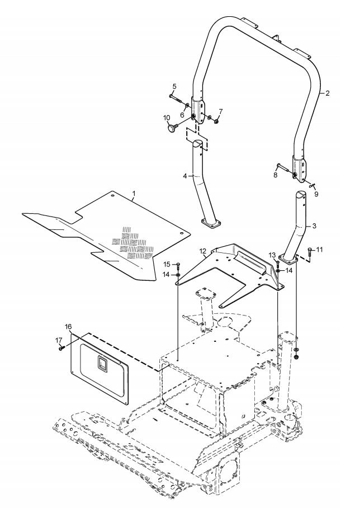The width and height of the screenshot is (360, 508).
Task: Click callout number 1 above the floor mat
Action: click(x=134, y=194)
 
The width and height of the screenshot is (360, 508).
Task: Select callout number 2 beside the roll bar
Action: click(x=328, y=93)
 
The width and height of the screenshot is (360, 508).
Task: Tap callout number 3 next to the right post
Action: click(x=314, y=226)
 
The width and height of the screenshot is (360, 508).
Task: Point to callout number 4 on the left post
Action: click(x=185, y=176)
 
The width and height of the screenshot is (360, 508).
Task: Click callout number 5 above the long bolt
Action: click(x=174, y=86)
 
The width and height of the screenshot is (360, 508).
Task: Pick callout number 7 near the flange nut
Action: click(x=221, y=111)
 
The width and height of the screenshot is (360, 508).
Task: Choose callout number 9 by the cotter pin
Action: click(x=316, y=194)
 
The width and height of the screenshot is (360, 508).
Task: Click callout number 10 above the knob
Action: click(x=167, y=117)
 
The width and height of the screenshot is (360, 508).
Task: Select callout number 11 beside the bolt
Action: click(x=320, y=250)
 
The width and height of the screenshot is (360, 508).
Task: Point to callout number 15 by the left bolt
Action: click(x=167, y=265)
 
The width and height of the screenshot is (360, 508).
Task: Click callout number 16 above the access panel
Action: click(x=68, y=326)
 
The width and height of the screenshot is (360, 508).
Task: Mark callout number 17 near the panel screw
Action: click(x=59, y=340)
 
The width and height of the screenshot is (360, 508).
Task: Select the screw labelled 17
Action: click(x=61, y=349)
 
